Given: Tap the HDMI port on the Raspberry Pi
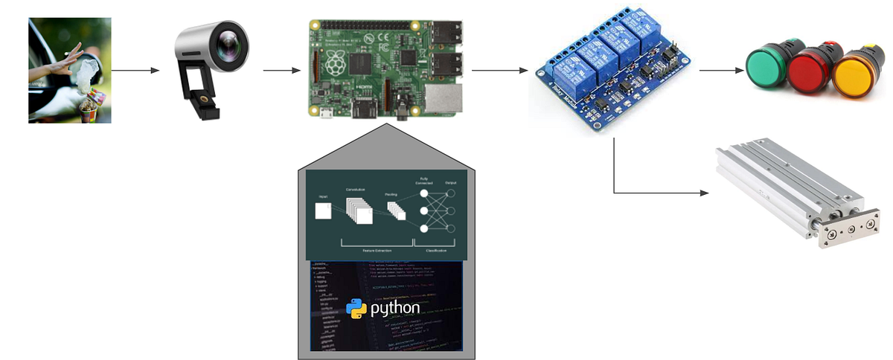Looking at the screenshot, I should coord(366,112).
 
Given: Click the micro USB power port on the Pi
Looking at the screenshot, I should coord(326,113).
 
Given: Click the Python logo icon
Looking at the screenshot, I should coord(356,308).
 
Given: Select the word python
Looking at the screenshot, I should coord(395,308).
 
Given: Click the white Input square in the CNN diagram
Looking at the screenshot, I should coord(323,211).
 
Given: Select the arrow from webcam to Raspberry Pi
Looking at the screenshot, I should coord(282,71).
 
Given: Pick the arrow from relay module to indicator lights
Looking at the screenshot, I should coord(721,71).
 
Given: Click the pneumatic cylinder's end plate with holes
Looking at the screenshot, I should coord(845,231).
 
